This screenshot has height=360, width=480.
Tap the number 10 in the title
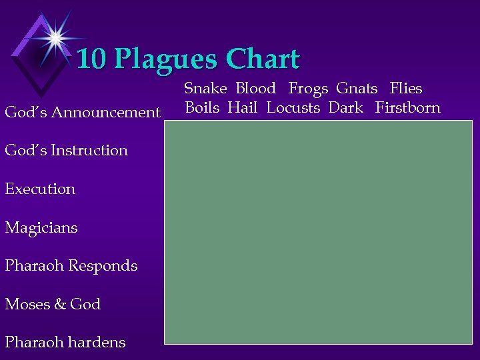92,59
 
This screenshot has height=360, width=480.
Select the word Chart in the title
263,59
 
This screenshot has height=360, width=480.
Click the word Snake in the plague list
205,88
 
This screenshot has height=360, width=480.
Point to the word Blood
255,88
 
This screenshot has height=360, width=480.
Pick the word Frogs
308,88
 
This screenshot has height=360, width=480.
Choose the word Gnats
357,88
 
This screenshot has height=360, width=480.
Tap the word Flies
406,88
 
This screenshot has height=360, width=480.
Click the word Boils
202,107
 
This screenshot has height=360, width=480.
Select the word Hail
242,107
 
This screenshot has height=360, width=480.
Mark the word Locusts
293,107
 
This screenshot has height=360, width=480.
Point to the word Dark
345,107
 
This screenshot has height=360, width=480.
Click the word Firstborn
407,107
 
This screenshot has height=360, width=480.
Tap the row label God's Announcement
83,112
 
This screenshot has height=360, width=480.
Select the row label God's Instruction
66,150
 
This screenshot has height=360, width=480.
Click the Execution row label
40,189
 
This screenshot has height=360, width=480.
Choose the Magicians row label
41,227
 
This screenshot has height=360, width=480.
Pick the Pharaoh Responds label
71,265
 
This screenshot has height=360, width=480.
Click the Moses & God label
53,304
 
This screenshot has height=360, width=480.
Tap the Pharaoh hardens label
65,342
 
